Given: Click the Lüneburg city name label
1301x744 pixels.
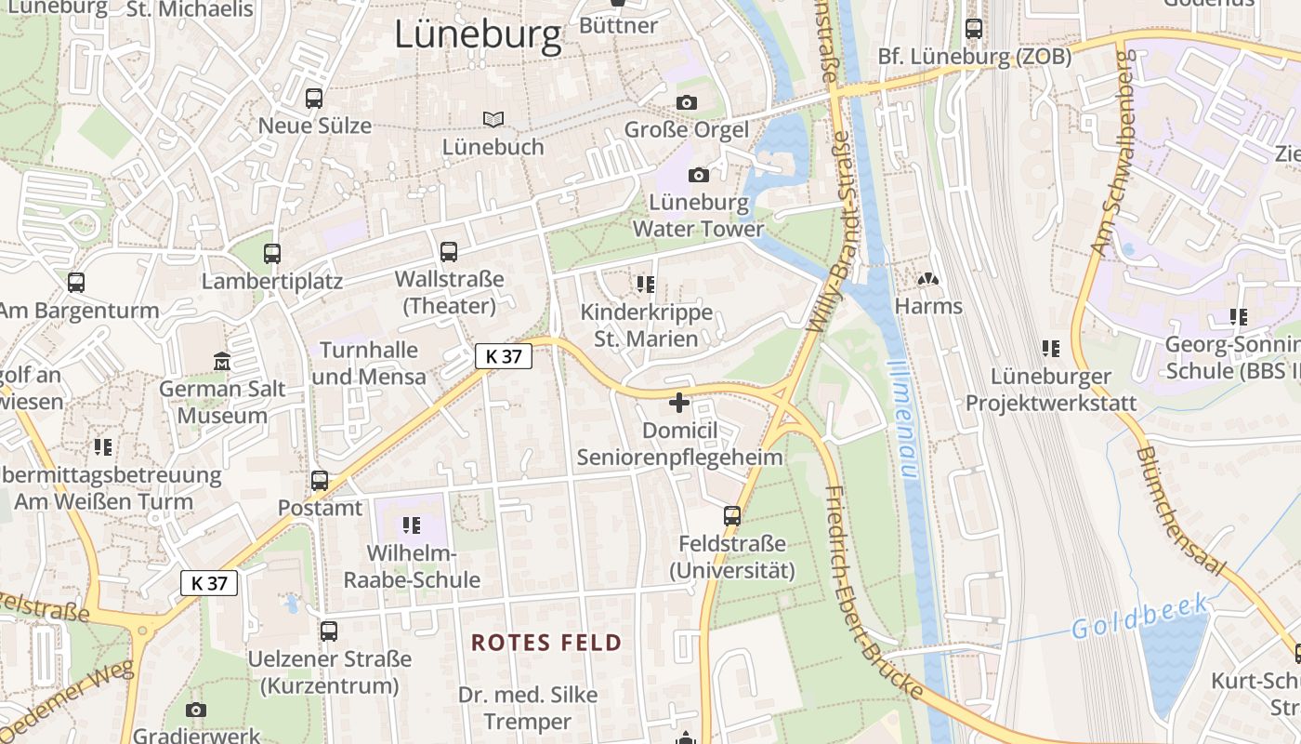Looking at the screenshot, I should tap(479, 35).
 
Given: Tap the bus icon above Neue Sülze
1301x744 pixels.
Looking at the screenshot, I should tap(314, 98).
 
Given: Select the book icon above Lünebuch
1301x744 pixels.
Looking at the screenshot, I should tap(493, 119).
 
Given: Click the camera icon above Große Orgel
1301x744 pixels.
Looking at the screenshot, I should tap(687, 102).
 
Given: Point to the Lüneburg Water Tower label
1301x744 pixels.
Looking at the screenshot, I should tap(698, 216).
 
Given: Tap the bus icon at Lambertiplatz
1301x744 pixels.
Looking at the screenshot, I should tap(272, 253).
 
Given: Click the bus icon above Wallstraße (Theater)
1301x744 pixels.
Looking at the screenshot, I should tap(449, 251).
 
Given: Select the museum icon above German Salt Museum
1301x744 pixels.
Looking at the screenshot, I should tap(221, 360).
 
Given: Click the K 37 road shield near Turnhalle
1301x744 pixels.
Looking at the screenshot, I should tap(504, 355).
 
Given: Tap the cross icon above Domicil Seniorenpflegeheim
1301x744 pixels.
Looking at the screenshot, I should tap(679, 403).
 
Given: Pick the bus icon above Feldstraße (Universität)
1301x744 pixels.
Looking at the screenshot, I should tap(732, 515).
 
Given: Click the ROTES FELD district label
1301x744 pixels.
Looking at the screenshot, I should tap(546, 643).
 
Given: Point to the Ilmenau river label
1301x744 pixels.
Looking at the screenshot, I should tap(902, 418).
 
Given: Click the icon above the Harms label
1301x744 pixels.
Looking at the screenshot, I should tap(927, 279).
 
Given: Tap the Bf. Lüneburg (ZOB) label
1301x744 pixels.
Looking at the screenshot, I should tap(975, 57).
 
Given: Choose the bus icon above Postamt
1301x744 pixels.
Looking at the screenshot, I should tap(320, 481).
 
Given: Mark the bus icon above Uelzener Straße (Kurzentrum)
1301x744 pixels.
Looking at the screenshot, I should tap(329, 631).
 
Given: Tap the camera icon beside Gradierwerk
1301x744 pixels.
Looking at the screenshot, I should tap(195, 711).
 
